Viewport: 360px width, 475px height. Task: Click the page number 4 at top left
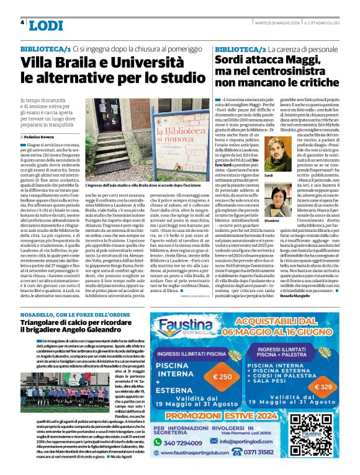point(22,23)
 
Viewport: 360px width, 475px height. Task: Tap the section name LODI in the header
point(46,25)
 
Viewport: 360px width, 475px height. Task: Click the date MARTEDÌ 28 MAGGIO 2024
point(266,23)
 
